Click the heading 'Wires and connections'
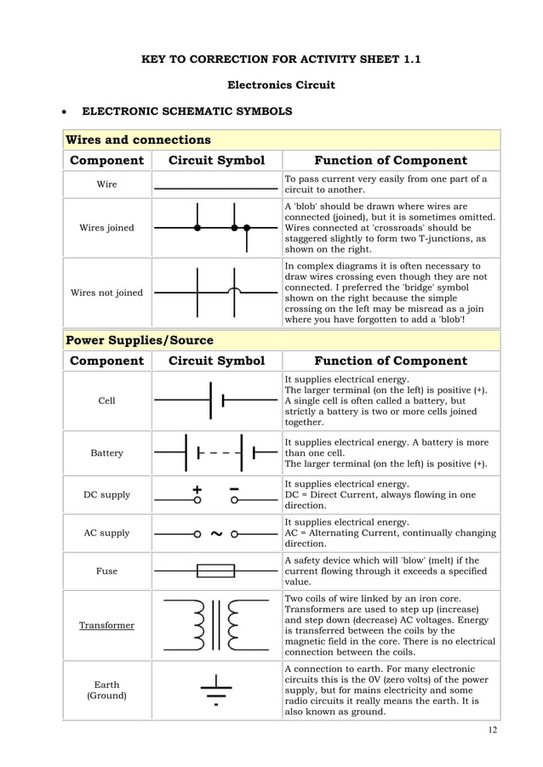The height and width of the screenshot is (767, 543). pos(138,139)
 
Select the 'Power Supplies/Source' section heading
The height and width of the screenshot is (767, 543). pos(140,340)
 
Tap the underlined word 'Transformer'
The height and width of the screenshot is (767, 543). pos(107,625)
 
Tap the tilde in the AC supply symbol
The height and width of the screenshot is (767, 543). pos(215,534)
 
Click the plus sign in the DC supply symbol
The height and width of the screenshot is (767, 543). pos(197,489)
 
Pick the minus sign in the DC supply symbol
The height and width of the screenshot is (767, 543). pos(233,489)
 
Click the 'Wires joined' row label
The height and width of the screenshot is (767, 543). pos(107,228)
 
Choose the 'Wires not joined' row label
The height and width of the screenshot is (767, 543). pos(107,293)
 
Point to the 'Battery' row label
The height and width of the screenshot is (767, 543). pos(107,453)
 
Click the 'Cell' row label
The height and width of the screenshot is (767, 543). pos(107,401)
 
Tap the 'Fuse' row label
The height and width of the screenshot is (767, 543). pos(107,571)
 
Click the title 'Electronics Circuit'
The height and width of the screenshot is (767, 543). pos(280,85)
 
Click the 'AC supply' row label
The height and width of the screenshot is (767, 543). pos(107,533)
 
